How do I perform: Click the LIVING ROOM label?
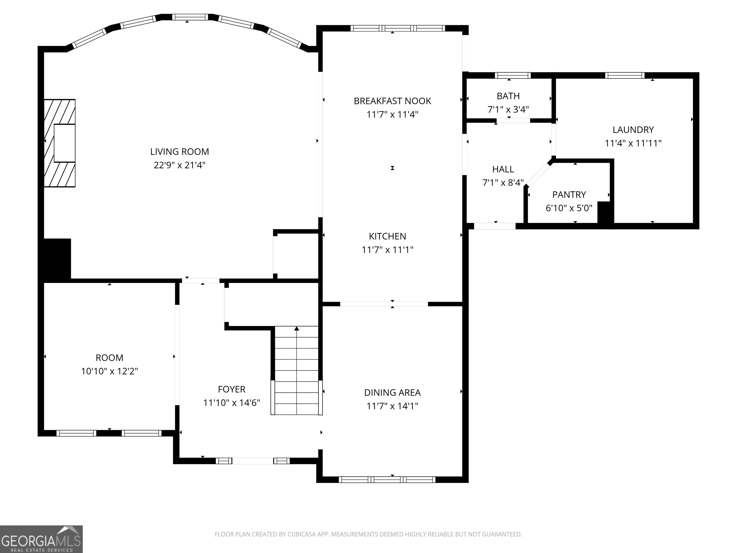pos(180,152)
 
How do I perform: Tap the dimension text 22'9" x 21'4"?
pos(180,165)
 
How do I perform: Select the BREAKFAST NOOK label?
pos(392,101)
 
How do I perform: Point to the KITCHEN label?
pos(387,236)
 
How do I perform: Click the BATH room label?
pos(508,96)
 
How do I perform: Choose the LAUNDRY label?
pos(633,130)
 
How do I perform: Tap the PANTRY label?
pos(569,194)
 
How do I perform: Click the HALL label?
pos(503,169)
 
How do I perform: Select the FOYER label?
pos(232,389)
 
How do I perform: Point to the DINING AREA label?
pos(392,393)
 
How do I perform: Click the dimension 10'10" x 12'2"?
pos(110,371)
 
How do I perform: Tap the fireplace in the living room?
pos(60,143)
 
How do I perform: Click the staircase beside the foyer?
pos(296,370)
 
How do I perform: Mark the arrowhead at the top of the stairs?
pos(297,329)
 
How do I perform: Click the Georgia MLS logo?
pos(41,539)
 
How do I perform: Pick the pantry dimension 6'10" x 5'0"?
pos(569,208)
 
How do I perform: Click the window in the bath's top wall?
pos(512,75)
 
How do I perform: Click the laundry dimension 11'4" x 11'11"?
pos(633,143)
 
